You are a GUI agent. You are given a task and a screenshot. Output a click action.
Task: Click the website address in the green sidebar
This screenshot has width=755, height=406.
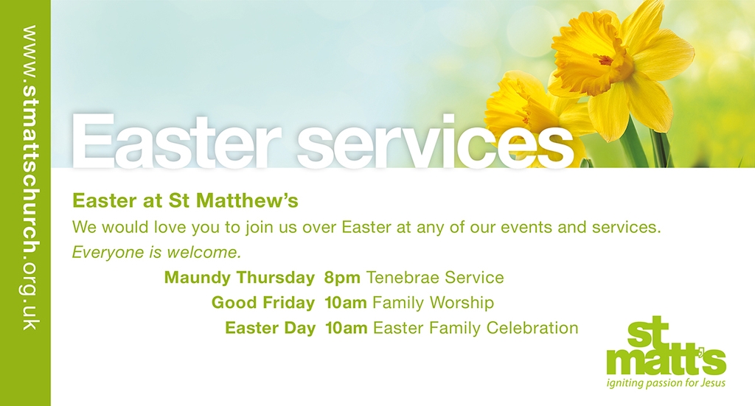pyautogui.click(x=29, y=178)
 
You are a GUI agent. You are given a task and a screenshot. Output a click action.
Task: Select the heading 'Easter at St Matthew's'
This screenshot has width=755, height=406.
pyautogui.click(x=185, y=200)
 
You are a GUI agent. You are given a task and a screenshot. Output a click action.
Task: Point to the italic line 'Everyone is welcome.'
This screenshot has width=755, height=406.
pyautogui.click(x=156, y=252)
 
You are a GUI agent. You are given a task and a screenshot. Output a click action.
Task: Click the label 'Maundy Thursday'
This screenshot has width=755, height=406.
pyautogui.click(x=240, y=278)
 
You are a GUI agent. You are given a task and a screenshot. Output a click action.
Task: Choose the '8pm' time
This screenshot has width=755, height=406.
pyautogui.click(x=342, y=278)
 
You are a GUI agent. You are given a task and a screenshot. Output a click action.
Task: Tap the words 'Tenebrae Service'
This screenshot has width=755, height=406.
pyautogui.click(x=435, y=278)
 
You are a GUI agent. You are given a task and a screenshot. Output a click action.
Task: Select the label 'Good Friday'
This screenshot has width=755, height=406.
pyautogui.click(x=263, y=303)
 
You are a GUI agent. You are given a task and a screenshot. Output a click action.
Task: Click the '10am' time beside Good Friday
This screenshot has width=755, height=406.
pyautogui.click(x=346, y=303)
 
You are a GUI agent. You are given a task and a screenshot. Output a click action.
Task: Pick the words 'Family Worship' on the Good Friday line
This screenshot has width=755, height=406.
pyautogui.click(x=434, y=303)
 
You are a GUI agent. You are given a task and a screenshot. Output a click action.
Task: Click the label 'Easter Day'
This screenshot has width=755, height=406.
pyautogui.click(x=270, y=328)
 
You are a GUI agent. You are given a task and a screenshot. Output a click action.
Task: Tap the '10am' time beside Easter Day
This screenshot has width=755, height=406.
pyautogui.click(x=347, y=328)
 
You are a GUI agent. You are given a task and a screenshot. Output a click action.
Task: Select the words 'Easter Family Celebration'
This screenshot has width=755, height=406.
pyautogui.click(x=476, y=328)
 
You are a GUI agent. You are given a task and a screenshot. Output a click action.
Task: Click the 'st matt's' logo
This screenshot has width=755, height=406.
pyautogui.click(x=667, y=346)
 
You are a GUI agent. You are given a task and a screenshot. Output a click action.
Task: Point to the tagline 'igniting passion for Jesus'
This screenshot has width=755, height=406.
pyautogui.click(x=666, y=383)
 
